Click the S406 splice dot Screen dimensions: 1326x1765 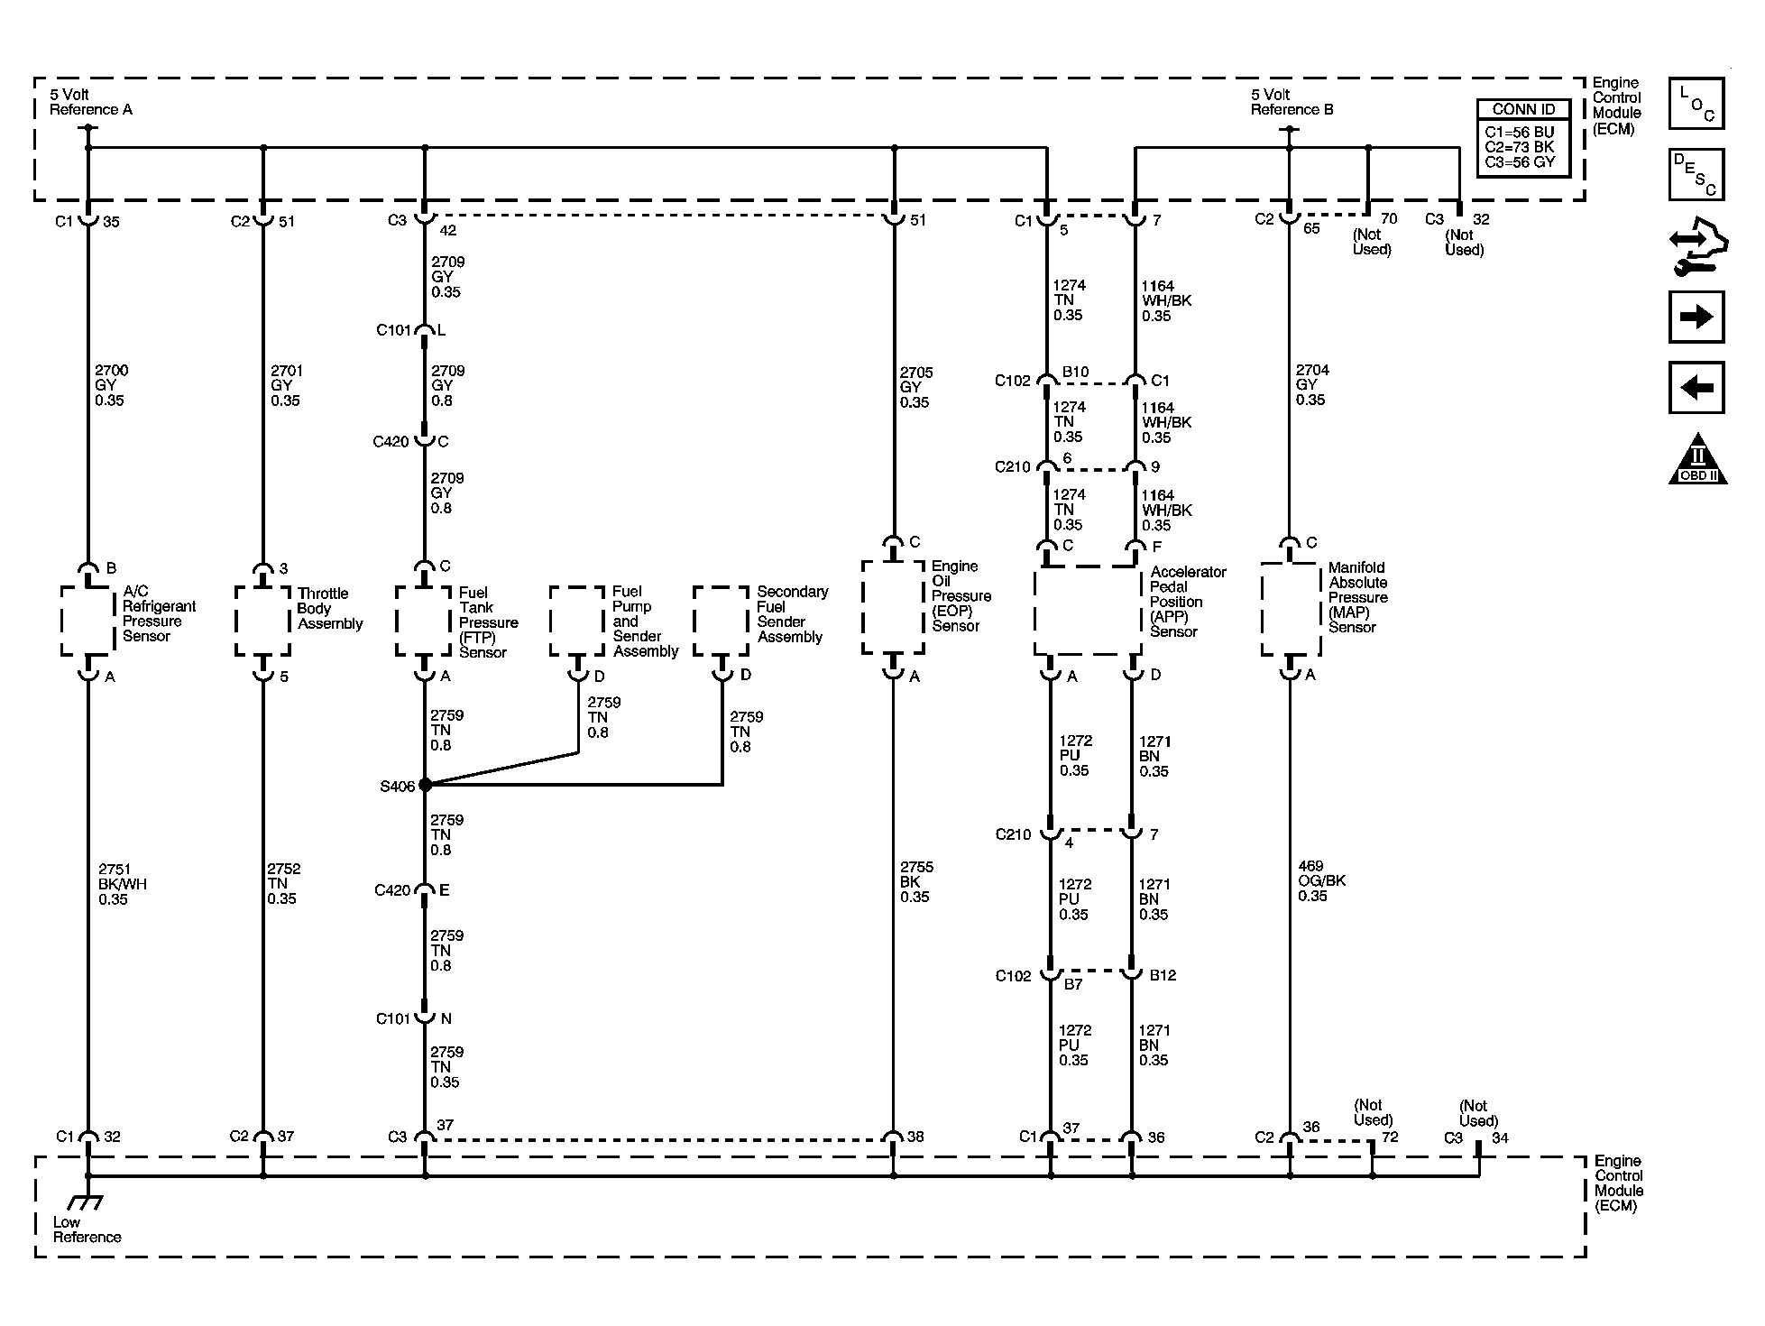point(425,785)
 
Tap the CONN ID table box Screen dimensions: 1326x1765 point(1522,138)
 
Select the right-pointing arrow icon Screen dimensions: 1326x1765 point(1696,317)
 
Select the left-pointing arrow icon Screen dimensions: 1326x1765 point(1696,388)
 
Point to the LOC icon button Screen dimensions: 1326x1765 point(1696,104)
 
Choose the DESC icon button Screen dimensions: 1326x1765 point(1696,174)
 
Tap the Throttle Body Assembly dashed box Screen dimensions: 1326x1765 point(262,621)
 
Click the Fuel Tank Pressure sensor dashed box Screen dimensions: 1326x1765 point(423,621)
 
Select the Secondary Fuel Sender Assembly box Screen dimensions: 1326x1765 point(722,621)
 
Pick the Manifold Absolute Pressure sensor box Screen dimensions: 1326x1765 point(1290,609)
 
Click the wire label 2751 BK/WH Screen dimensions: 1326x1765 point(122,884)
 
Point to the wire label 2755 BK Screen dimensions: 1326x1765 point(915,881)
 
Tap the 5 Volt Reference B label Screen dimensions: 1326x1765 point(1292,102)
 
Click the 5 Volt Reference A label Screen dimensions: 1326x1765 point(90,102)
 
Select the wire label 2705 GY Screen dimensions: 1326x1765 point(915,387)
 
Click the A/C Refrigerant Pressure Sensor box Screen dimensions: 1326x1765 point(88,621)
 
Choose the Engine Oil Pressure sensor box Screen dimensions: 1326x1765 point(893,607)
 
